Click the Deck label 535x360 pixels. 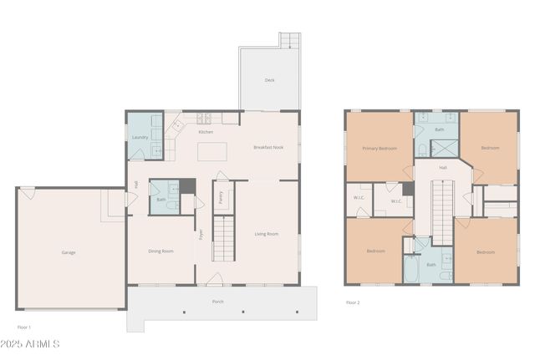[x=269, y=80]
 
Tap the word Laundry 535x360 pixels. [x=140, y=137]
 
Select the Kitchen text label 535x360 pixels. [x=206, y=132]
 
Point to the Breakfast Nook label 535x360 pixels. [x=268, y=147]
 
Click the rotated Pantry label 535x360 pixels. [x=220, y=198]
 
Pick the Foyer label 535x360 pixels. [x=200, y=234]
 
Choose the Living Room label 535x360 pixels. [x=267, y=234]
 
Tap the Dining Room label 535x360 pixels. [x=160, y=251]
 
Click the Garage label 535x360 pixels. [x=69, y=251]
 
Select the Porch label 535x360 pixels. [x=217, y=301]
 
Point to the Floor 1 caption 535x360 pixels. [x=24, y=327]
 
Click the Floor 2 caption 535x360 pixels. [x=353, y=302]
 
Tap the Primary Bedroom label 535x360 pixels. [x=380, y=148]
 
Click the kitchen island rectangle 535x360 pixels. [x=213, y=152]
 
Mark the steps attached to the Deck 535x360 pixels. [x=289, y=40]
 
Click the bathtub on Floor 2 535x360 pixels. [x=413, y=269]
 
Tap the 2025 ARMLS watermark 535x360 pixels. [x=30, y=343]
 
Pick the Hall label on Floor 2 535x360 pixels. [x=443, y=167]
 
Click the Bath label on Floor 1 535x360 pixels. [x=161, y=200]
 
